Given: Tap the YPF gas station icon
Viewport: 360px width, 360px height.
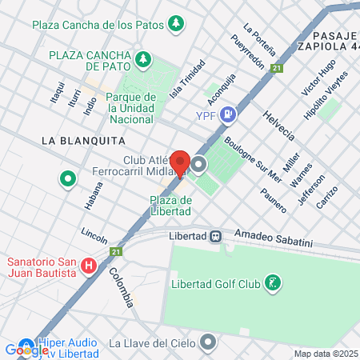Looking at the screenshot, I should click(x=229, y=114).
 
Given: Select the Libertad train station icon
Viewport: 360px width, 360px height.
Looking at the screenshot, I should click(x=216, y=236).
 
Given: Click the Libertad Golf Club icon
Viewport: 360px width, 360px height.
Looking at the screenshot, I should click(x=274, y=283).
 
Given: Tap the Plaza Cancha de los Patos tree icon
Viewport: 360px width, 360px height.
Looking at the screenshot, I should click(x=175, y=24).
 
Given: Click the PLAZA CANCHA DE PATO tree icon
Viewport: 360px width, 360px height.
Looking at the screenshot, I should click(x=143, y=58).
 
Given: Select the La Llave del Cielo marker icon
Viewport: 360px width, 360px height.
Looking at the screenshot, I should click(x=209, y=342).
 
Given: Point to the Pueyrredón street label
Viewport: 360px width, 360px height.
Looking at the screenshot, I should click(x=247, y=51).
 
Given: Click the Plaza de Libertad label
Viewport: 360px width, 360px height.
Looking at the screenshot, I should click(x=170, y=206).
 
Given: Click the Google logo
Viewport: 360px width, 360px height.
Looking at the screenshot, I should click(x=26, y=350).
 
